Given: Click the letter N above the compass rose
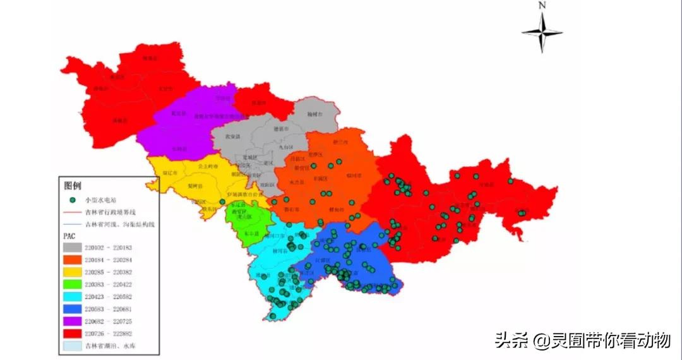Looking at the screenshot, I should [x=542, y=5].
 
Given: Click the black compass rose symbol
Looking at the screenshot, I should [x=542, y=32].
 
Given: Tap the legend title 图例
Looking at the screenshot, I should [x=73, y=186].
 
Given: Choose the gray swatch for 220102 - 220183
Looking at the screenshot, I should [x=73, y=248].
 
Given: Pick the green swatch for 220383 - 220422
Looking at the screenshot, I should [x=73, y=284].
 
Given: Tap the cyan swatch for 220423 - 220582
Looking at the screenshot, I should [x=73, y=296].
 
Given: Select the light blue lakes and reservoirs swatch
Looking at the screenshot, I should [x=73, y=345].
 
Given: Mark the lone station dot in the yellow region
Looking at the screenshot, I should [x=222, y=202].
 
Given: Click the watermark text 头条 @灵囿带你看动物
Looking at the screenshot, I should [x=582, y=340].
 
